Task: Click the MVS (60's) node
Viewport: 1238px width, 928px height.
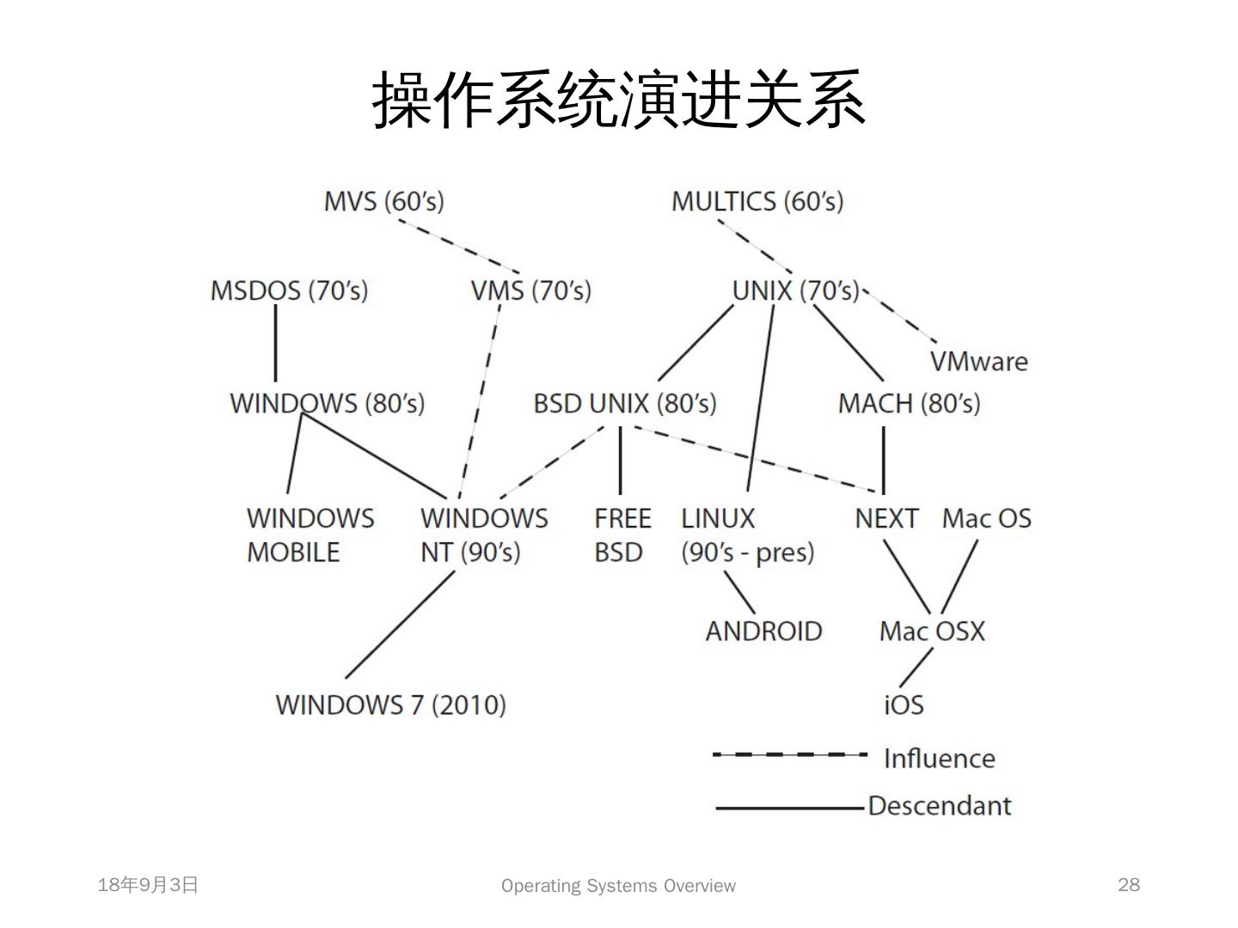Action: click(383, 201)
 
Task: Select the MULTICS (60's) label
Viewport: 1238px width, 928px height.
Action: click(757, 201)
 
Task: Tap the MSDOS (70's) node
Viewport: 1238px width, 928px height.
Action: click(289, 290)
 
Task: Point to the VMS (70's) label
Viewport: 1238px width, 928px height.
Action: click(530, 290)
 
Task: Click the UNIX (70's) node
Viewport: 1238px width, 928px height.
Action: click(795, 290)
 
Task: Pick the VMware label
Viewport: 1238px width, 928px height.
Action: click(978, 361)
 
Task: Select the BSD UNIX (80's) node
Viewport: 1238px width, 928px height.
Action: click(624, 403)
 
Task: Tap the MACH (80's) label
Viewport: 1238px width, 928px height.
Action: click(909, 403)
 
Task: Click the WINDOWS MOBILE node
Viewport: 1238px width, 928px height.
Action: click(309, 534)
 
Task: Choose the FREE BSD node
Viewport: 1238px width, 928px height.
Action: click(622, 534)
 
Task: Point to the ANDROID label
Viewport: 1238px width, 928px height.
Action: click(763, 632)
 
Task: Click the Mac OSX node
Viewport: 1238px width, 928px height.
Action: click(931, 632)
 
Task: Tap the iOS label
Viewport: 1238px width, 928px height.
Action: click(904, 705)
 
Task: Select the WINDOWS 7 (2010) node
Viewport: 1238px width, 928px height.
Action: click(390, 705)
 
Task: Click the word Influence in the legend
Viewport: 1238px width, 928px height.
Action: click(939, 758)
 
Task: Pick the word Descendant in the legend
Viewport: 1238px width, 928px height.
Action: click(939, 806)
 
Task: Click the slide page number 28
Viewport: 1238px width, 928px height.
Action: click(1128, 885)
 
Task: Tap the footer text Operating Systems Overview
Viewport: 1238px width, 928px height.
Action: click(618, 886)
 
